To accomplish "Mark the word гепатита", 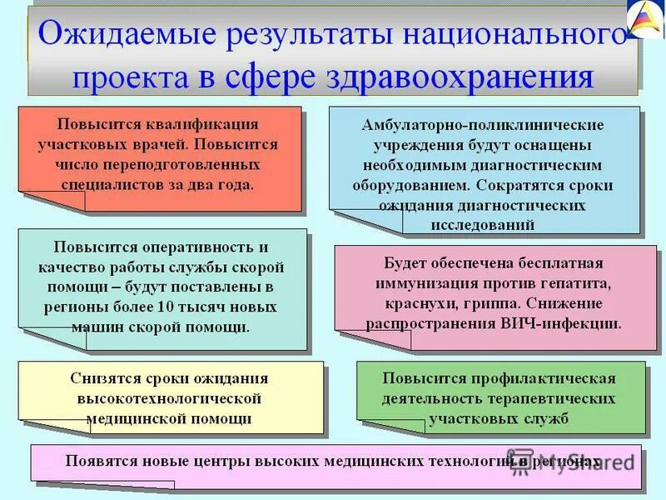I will click(x=579, y=283).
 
